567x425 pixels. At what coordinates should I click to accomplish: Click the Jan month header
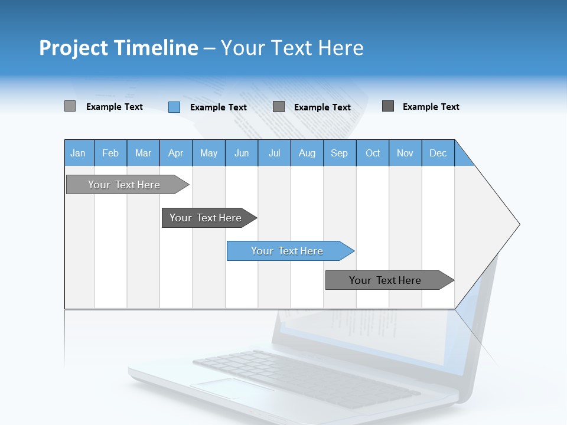point(78,153)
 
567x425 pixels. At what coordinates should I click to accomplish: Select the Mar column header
point(143,153)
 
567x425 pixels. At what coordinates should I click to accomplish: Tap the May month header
point(208,153)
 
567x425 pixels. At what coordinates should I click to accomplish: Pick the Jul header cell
point(274,153)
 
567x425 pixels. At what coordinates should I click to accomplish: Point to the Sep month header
point(339,153)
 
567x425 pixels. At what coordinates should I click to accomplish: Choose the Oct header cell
point(373,153)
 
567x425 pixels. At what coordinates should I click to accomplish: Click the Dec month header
point(438,153)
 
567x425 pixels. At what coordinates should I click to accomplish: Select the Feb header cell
point(110,153)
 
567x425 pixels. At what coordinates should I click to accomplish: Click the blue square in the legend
point(174,107)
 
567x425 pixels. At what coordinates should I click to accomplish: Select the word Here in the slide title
point(341,48)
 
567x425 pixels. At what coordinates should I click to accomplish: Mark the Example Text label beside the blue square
point(218,107)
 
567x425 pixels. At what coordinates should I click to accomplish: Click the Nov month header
point(405,153)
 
